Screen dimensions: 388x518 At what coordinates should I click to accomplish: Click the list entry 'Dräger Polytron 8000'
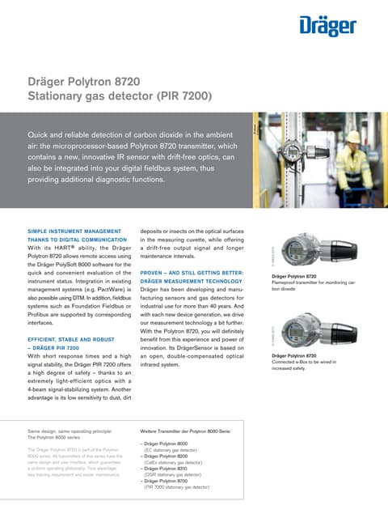point(167,444)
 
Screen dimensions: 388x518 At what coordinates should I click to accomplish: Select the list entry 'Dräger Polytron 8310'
point(167,469)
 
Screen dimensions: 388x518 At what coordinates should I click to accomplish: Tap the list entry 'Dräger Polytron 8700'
point(167,482)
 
